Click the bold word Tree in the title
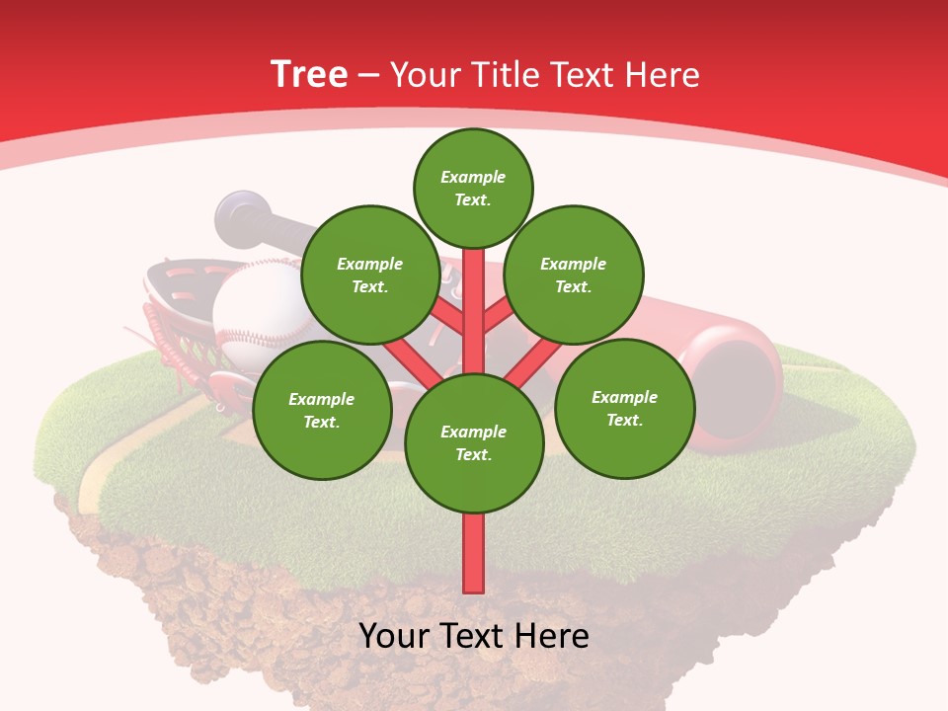tap(309, 74)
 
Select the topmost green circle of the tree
tap(473, 188)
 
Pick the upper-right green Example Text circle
tap(574, 275)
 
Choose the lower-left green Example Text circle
tap(322, 410)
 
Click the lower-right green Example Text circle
tap(624, 408)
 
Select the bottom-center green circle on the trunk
tap(474, 442)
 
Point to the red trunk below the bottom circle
tap(474, 553)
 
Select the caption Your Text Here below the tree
tap(474, 636)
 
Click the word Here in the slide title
tap(666, 75)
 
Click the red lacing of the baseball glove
tap(158, 336)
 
